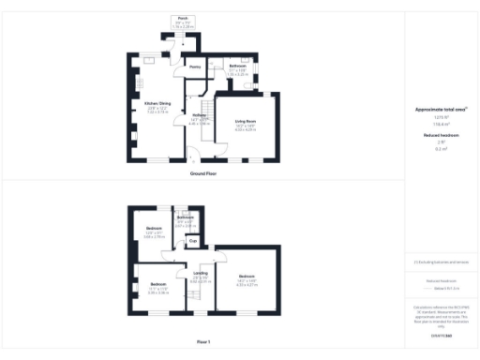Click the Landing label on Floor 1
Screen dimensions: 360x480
pyautogui.click(x=200, y=274)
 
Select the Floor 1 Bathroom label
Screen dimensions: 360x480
pyautogui.click(x=185, y=217)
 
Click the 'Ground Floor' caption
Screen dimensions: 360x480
pyautogui.click(x=203, y=173)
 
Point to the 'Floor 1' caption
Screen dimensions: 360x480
pyautogui.click(x=203, y=341)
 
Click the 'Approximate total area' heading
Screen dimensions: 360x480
pyautogui.click(x=442, y=110)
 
